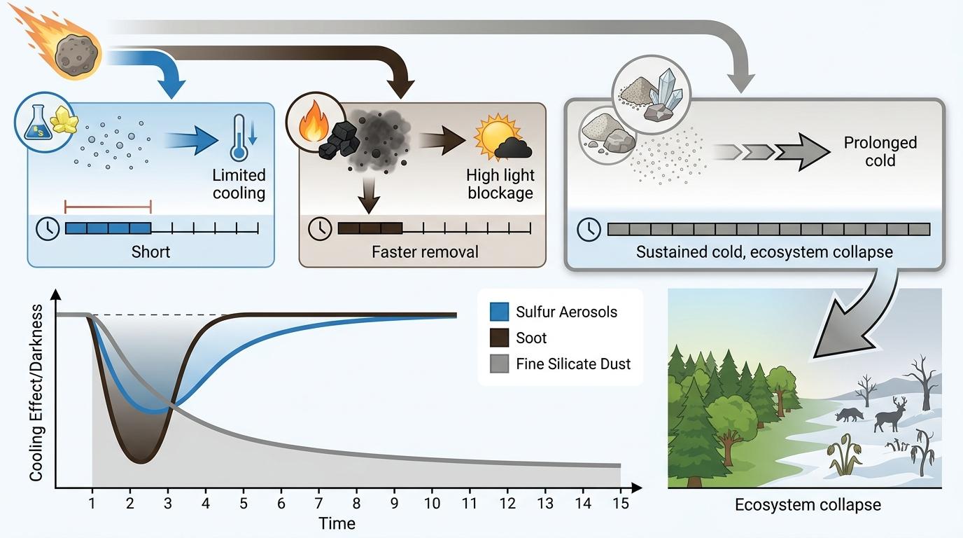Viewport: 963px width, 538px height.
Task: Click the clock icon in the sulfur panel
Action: pos(47,228)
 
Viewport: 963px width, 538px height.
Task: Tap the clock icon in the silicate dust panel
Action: pos(589,229)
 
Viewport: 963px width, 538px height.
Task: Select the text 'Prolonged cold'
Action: pos(880,151)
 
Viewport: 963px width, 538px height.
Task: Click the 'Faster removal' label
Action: pos(425,251)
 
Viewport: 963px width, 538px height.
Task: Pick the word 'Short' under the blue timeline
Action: pos(150,251)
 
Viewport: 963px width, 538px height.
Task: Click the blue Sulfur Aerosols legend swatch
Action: pos(499,312)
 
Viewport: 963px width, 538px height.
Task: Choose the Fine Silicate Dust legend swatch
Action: pos(499,364)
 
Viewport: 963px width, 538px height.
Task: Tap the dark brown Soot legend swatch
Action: pos(499,338)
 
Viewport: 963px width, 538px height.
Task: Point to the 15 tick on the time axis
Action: pos(620,503)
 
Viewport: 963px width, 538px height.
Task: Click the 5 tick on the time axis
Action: pos(243,503)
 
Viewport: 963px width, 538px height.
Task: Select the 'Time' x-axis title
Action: pos(337,523)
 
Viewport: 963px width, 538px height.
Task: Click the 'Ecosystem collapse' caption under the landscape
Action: pos(808,504)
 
